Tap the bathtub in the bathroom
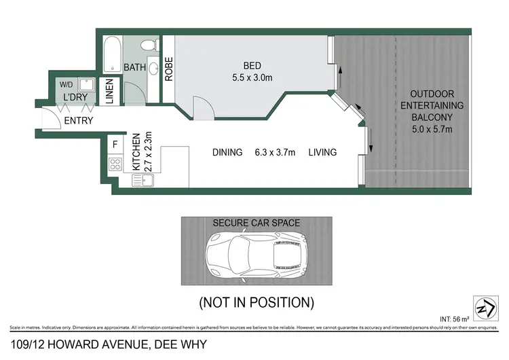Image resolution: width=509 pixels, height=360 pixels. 113,54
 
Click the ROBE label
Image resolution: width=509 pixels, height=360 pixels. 169,68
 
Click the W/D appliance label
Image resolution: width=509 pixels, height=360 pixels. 66,85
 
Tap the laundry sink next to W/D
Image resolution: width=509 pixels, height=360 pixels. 86,85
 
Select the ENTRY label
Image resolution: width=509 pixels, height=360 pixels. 78,121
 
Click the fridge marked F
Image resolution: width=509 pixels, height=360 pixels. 115,144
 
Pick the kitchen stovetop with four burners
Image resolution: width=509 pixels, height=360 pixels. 115,164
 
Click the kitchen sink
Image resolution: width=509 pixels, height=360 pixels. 143,181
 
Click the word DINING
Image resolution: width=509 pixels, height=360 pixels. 227,152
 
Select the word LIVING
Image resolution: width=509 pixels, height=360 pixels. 322,152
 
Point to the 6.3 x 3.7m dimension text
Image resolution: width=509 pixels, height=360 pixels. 275,152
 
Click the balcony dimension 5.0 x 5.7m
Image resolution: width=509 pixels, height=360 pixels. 432,129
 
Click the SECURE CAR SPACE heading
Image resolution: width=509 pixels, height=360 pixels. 257,223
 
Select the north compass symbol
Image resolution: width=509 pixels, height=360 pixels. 484,308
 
